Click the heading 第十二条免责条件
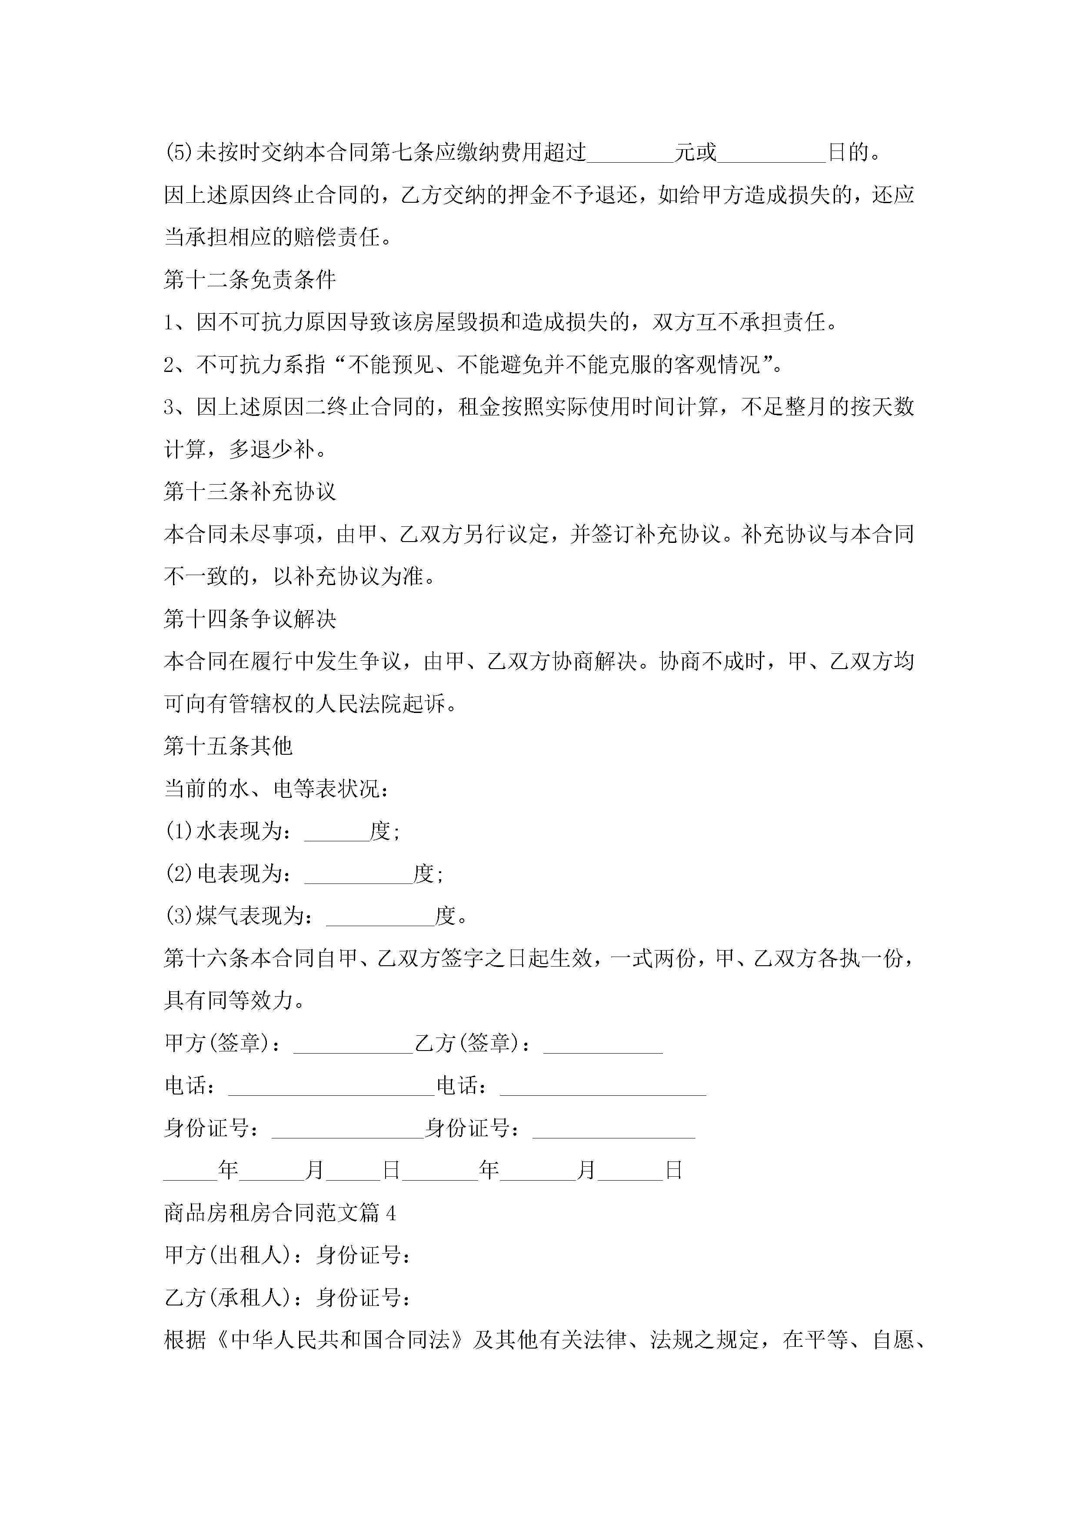point(250,280)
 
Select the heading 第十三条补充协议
point(250,492)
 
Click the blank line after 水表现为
point(337,832)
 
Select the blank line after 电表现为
point(358,875)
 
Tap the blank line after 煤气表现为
point(380,917)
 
